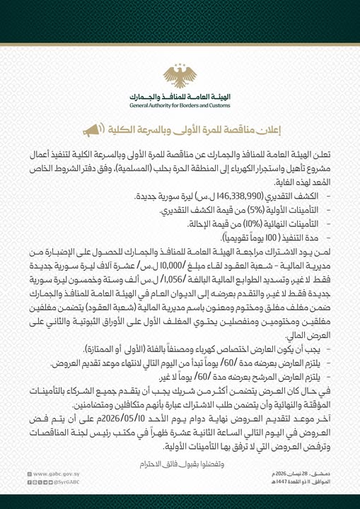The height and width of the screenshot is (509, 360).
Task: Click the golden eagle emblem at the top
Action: click(x=180, y=76)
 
